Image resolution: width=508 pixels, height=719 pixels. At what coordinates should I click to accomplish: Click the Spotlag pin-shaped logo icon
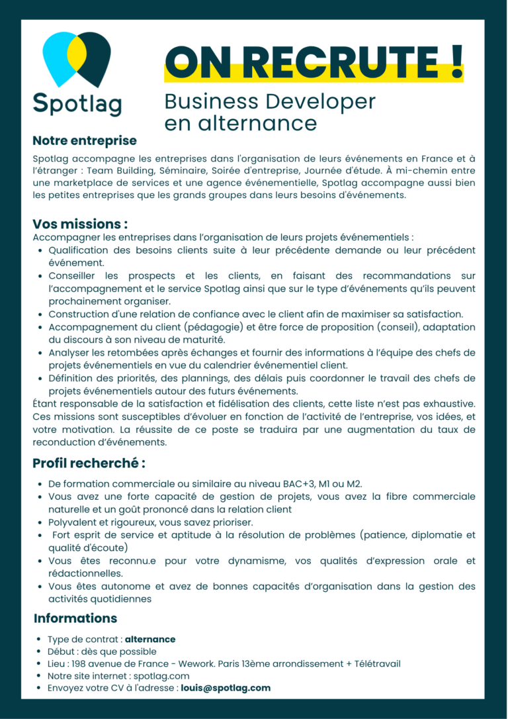(77, 60)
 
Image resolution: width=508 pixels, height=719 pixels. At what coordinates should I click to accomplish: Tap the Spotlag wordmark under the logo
(77, 104)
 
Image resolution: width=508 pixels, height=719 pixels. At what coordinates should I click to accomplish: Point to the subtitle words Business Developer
(270, 101)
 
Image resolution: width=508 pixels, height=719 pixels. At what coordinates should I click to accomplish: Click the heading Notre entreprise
(85, 140)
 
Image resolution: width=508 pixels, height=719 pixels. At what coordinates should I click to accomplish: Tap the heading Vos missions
(80, 224)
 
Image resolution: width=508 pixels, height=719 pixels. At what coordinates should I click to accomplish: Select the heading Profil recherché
(89, 463)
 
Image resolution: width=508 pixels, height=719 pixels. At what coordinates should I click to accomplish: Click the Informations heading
(75, 618)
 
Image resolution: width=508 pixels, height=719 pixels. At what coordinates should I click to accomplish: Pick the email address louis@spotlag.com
(226, 688)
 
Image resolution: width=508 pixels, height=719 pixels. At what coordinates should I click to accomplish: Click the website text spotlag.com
(166, 676)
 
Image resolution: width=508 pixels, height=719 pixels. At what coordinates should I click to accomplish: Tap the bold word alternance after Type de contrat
(150, 640)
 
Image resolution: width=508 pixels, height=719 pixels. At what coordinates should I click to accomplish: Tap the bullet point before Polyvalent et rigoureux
(41, 522)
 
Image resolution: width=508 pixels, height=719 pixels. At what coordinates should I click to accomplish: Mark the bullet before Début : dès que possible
(41, 652)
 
